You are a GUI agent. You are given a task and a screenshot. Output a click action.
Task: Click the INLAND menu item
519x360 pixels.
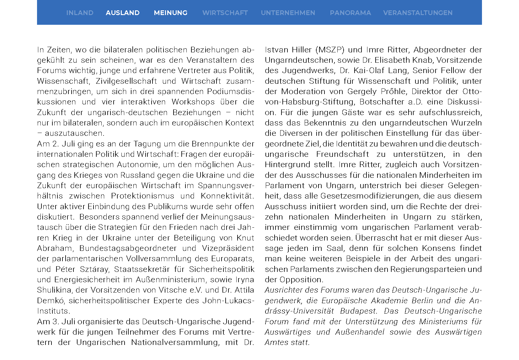(x=80, y=13)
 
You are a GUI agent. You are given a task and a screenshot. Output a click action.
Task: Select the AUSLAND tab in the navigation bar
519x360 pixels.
(x=123, y=13)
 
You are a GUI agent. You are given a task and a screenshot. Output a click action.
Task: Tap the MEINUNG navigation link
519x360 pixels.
(x=171, y=13)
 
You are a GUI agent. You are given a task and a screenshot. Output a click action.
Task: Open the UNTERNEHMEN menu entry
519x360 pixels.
(x=288, y=13)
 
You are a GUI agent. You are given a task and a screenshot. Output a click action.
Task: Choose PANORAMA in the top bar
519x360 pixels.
(x=350, y=13)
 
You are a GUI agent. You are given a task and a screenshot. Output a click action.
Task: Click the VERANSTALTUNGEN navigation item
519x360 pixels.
(x=418, y=13)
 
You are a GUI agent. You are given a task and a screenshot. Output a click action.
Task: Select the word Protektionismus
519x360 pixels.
(x=142, y=196)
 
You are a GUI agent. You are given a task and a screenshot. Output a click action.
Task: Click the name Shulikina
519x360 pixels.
(x=54, y=290)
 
